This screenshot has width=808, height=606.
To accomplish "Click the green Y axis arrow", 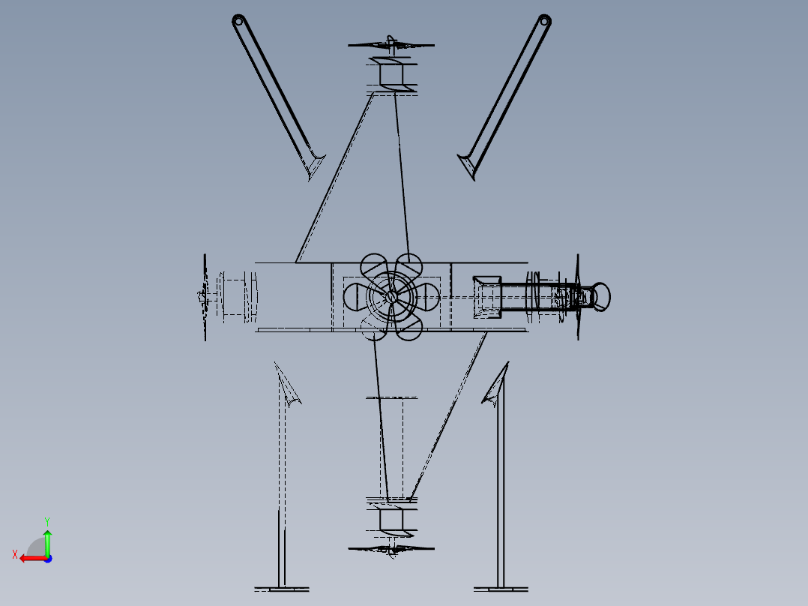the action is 47,542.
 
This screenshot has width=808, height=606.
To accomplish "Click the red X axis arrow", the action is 34,558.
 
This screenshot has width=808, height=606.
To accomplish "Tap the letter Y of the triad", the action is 47,521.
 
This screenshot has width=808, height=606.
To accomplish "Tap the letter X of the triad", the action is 15,554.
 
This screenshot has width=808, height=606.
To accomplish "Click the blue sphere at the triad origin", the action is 48,559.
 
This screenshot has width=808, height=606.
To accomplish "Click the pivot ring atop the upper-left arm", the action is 238,21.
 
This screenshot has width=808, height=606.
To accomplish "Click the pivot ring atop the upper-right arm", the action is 545,21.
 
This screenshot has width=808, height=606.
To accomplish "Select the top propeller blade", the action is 391,45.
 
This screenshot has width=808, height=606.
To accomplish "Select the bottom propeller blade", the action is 391,549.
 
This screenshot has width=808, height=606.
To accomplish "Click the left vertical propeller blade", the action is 205,297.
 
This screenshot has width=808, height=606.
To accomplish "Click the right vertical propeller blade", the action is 578,297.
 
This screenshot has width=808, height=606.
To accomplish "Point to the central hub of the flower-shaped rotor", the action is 391,296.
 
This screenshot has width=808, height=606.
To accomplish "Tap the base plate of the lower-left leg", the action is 282,589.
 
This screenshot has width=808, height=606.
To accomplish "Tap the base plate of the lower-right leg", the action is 501,589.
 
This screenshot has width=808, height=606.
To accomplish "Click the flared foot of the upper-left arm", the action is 314,165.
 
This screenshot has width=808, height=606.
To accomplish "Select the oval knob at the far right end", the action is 601,297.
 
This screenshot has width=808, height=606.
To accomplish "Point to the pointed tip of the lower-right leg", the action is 508,362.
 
